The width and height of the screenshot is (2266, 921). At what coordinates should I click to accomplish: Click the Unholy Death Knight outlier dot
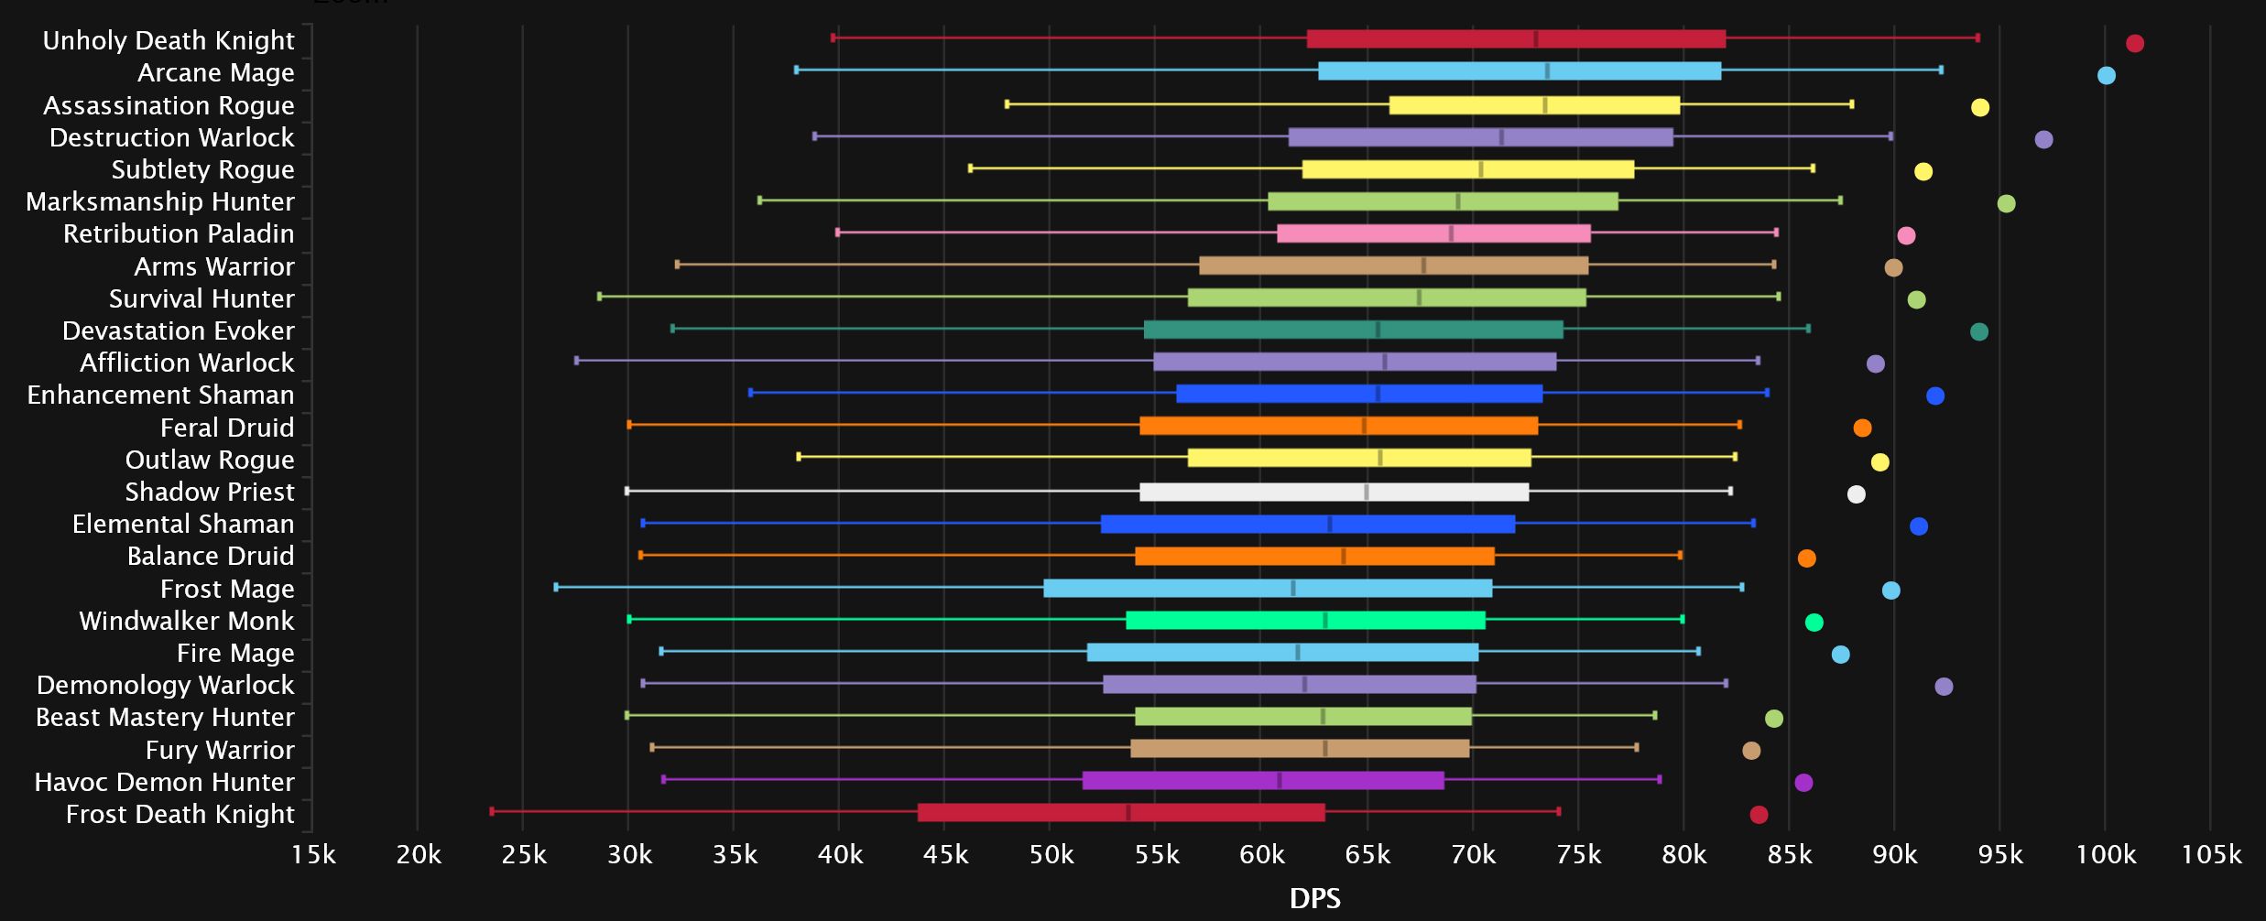coord(2135,43)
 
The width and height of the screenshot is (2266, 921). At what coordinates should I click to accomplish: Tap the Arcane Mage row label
coord(216,72)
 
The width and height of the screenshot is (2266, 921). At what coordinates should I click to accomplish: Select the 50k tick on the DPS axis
coord(1051,855)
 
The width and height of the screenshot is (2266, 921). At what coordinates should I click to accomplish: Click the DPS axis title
coord(1314,898)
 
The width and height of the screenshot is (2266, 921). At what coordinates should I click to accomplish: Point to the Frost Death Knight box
coord(1121,812)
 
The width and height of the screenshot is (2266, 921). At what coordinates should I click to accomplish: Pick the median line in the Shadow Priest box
coord(1367,492)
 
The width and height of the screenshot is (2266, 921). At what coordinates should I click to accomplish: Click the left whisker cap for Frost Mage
coord(556,587)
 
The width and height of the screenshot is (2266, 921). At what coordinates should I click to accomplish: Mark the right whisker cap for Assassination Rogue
coord(1851,104)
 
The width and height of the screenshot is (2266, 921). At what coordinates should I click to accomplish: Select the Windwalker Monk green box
coord(1305,620)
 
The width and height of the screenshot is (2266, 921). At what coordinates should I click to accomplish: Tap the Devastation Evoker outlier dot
coord(1979,331)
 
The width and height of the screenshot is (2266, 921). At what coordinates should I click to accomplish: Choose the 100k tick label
coord(2105,855)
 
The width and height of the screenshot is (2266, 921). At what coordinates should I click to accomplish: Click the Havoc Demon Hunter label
coord(165,782)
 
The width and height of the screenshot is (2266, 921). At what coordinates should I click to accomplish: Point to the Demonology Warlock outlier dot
coord(1944,687)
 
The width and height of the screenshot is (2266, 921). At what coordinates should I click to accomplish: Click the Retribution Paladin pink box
coord(1433,233)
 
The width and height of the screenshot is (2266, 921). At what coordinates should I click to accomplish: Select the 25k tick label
coord(524,855)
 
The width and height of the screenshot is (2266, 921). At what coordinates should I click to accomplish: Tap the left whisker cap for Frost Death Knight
coord(492,811)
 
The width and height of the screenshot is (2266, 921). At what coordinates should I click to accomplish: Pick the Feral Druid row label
coord(227,428)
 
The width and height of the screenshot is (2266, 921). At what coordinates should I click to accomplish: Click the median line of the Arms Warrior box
coord(1423,265)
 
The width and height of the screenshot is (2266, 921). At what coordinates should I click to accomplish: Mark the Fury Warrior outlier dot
coord(1751,751)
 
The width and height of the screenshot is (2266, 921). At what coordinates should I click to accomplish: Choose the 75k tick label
coord(1578,855)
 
